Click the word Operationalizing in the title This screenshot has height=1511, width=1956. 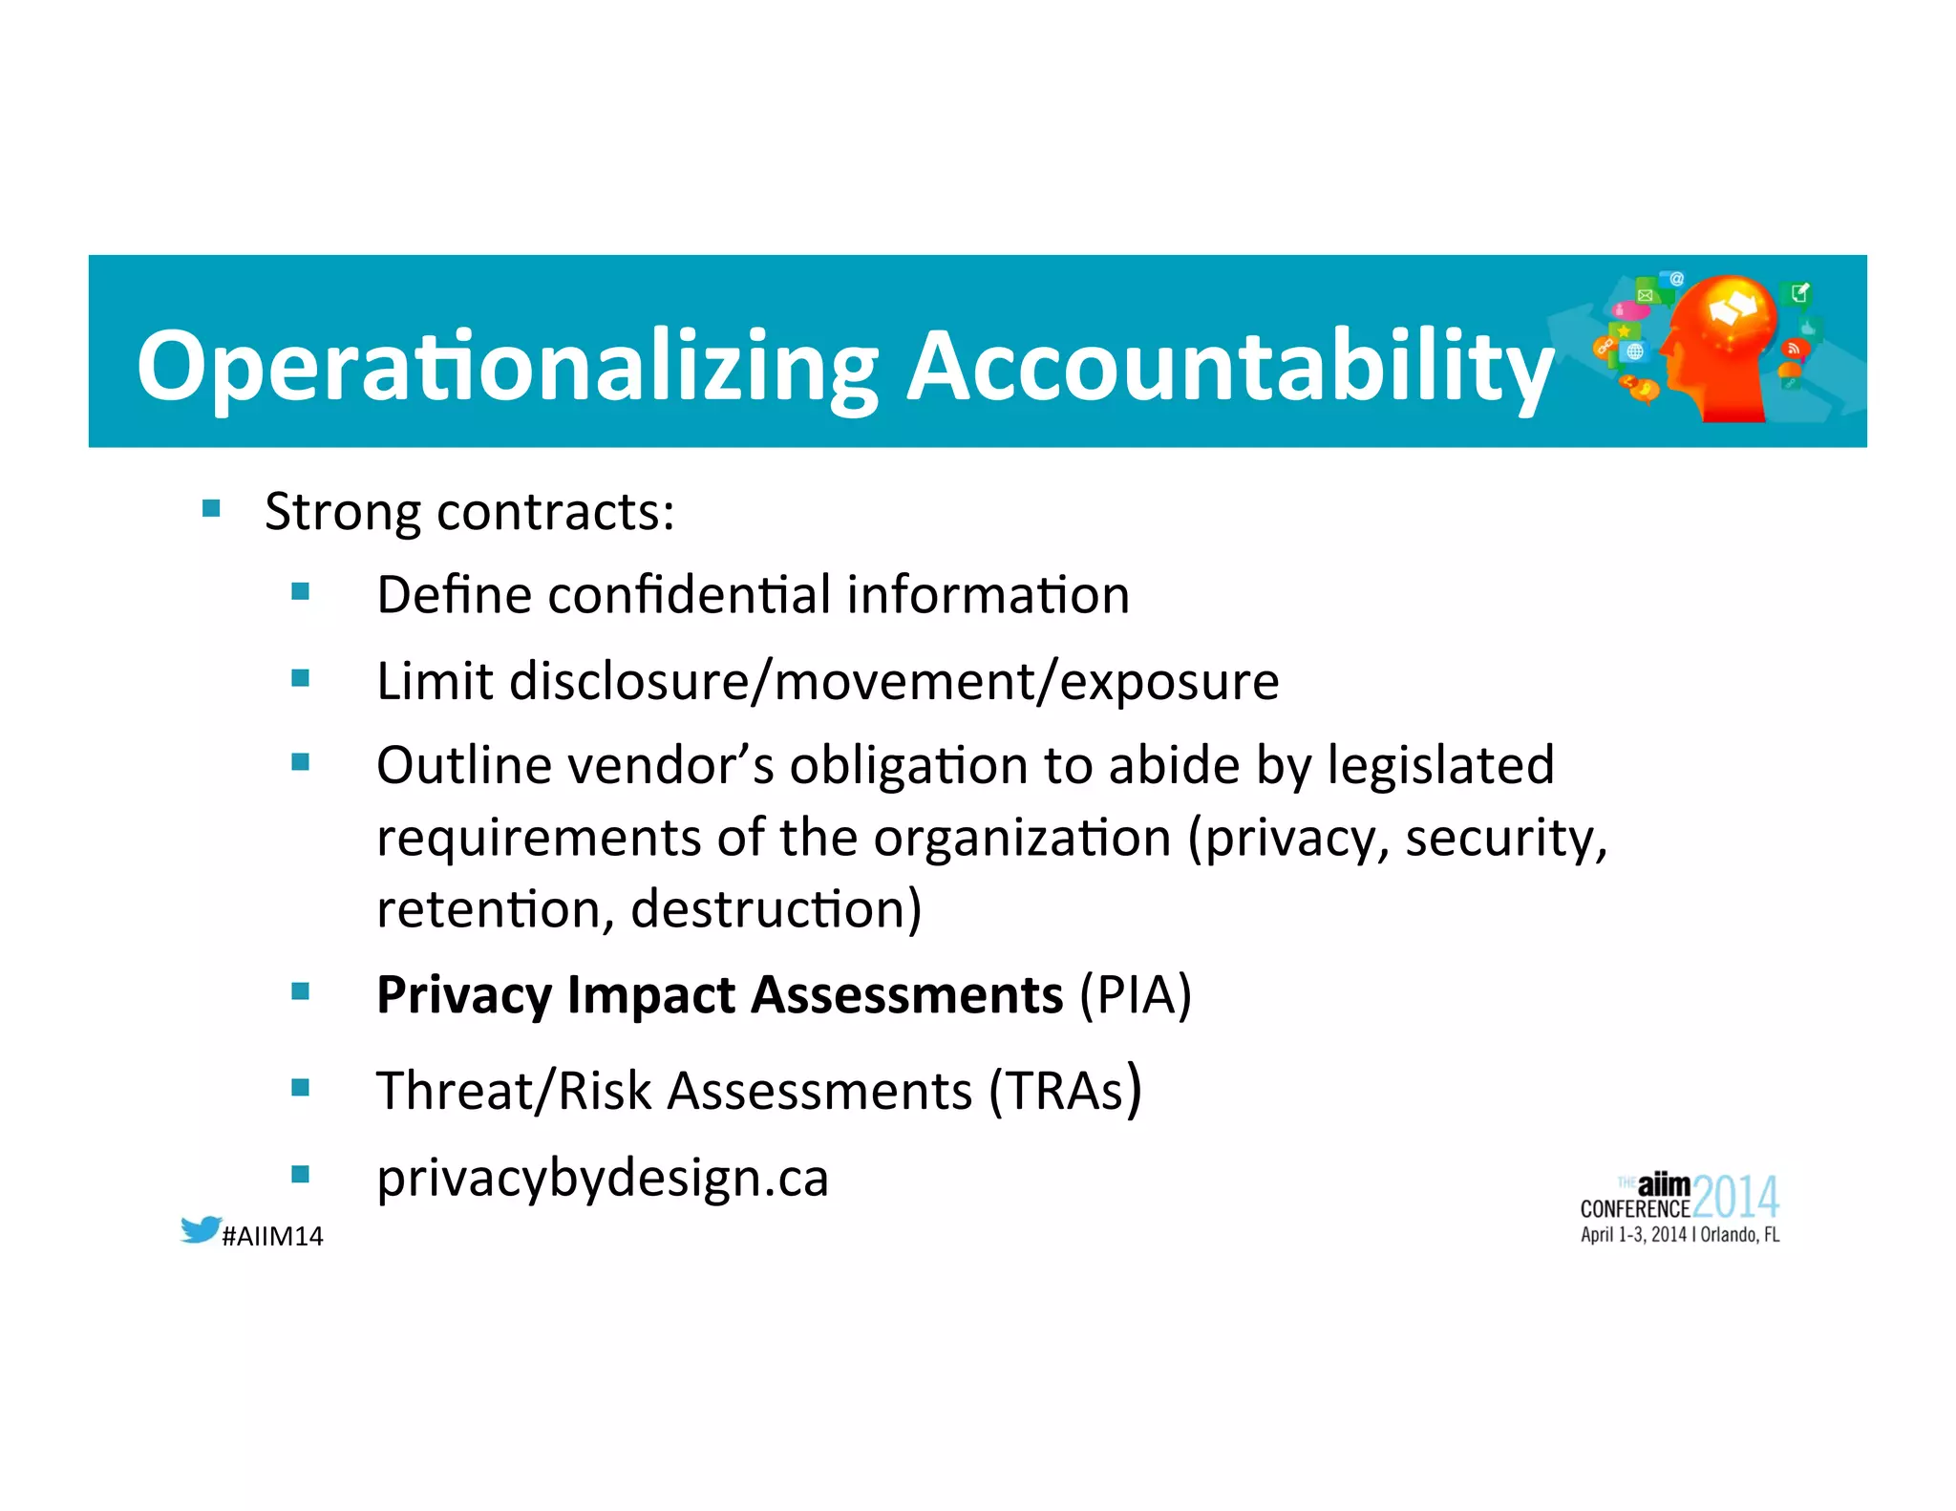506,368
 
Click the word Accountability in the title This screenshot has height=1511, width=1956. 1230,368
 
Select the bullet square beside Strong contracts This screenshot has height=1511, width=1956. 211,508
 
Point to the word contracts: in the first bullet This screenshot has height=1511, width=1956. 556,513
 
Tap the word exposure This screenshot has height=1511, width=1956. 1169,682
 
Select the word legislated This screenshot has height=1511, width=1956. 1440,766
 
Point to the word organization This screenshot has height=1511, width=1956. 1022,839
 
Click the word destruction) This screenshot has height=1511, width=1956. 776,909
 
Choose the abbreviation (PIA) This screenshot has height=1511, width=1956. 1135,995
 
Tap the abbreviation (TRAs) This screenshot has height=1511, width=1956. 1065,1091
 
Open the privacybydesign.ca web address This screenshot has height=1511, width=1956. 603,1179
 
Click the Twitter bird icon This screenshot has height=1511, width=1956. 201,1229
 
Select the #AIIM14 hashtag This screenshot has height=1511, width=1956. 272,1237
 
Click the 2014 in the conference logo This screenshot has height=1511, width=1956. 1735,1197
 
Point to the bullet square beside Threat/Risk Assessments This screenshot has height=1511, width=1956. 301,1088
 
